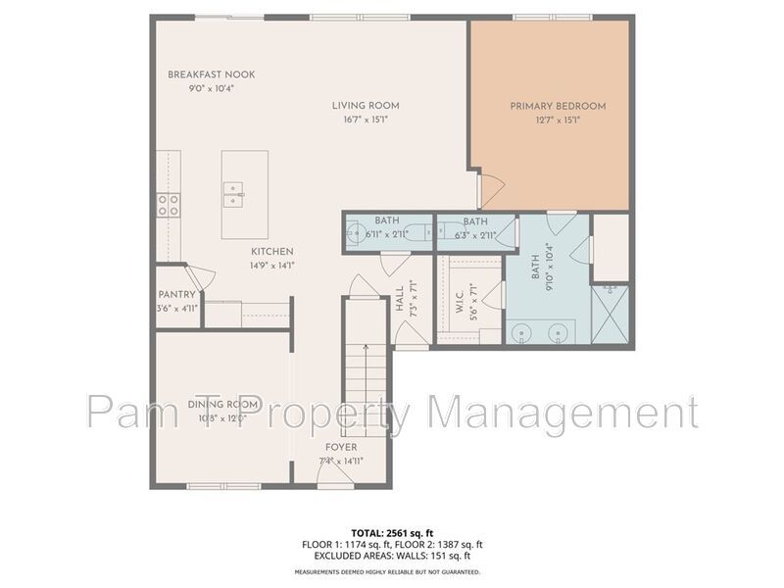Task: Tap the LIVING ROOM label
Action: tap(366, 106)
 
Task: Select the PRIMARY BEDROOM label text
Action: tap(558, 106)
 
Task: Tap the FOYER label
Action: tap(340, 447)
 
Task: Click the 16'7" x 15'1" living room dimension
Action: tap(366, 120)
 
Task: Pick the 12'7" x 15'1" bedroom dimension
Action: tap(558, 120)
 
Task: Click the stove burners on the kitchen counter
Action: tap(169, 204)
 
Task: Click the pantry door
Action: tap(195, 277)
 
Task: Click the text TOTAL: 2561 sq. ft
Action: tap(392, 533)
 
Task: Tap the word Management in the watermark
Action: tap(564, 412)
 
